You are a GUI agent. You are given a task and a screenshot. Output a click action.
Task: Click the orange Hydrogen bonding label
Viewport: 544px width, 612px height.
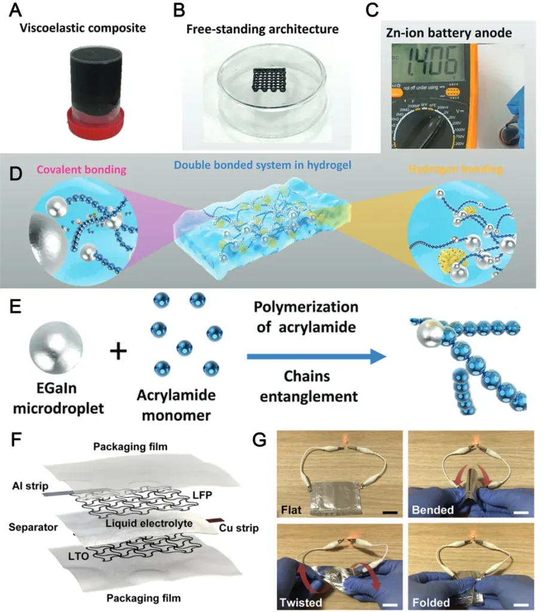(462, 170)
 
